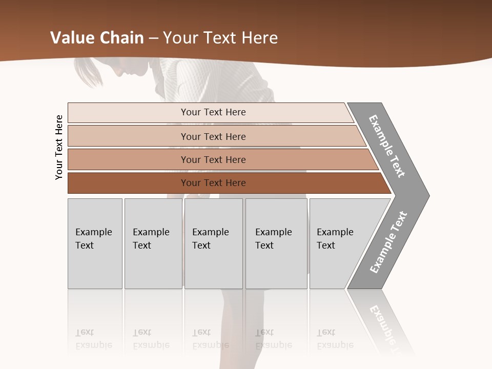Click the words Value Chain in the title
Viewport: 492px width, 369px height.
(97, 38)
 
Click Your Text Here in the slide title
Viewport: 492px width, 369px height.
(220, 38)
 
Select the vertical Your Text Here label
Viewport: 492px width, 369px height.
(59, 147)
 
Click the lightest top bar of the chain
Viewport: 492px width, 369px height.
(213, 112)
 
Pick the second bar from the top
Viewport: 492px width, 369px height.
(213, 136)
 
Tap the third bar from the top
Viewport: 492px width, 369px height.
(213, 159)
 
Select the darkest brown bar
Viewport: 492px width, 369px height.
(213, 183)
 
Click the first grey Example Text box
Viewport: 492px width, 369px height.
(95, 243)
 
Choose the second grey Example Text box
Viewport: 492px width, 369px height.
(153, 243)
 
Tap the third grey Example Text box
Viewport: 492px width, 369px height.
(213, 243)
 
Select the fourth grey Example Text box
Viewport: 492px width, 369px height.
(276, 243)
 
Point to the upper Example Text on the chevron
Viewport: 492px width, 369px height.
(387, 146)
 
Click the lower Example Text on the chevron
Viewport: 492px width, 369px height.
(388, 242)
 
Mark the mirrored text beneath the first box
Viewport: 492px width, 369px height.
(94, 339)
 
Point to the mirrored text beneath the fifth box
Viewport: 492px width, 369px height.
(335, 339)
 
